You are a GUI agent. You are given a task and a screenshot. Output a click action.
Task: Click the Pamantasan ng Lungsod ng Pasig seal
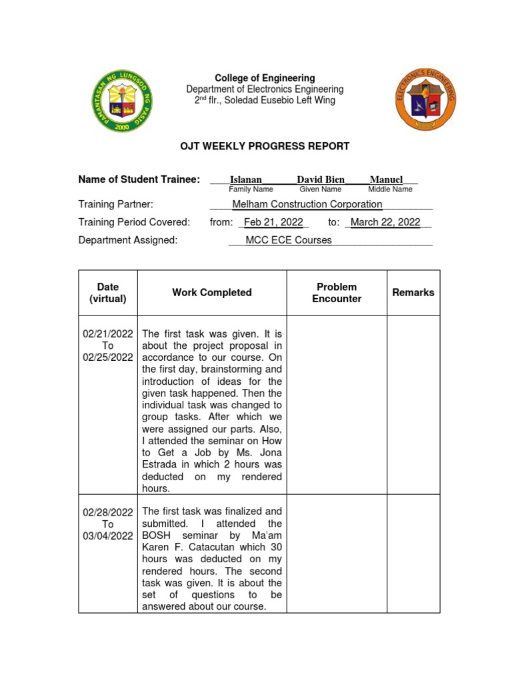pos(122,101)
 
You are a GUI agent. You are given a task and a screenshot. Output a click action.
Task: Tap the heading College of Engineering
pos(265,78)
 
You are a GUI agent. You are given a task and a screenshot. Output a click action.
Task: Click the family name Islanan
pos(246,179)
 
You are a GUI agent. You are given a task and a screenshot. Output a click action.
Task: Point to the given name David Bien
pos(321,179)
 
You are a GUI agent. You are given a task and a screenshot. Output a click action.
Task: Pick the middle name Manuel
pos(386,179)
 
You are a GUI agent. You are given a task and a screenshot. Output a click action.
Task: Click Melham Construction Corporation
pos(307,204)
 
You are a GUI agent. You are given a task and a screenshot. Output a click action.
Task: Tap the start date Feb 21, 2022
pos(273,222)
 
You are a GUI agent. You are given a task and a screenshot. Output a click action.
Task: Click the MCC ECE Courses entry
pos(288,240)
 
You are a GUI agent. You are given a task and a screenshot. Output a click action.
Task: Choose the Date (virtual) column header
pos(108,293)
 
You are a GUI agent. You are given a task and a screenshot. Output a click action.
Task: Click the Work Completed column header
pos(212,292)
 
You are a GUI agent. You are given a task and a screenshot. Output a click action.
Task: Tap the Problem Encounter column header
pos(337,293)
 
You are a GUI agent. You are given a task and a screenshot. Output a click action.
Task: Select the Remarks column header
pos(413,292)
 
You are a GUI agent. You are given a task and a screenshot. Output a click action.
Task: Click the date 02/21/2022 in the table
pos(108,333)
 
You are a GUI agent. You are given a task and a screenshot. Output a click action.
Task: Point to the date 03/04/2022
pos(108,536)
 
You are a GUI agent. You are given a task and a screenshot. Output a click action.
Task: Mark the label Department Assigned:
pos(128,240)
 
